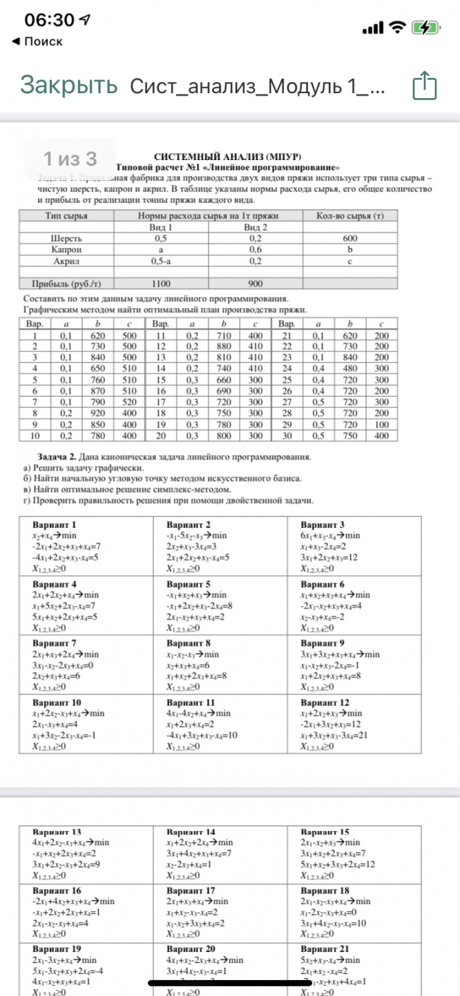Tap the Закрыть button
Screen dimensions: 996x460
tap(68, 86)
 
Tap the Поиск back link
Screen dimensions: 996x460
tap(38, 41)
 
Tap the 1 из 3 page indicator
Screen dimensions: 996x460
tap(70, 159)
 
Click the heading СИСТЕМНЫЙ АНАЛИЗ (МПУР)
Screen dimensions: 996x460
tap(229, 157)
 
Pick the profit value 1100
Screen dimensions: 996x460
tap(162, 283)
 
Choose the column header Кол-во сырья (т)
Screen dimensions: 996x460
tap(349, 215)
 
